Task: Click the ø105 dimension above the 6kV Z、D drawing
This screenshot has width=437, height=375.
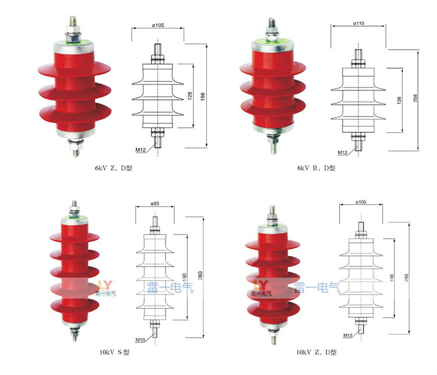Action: point(158,26)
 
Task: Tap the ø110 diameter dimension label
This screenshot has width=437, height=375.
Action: point(359,23)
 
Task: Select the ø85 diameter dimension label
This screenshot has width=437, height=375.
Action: point(155,204)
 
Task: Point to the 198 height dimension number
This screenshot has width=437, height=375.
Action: point(203,97)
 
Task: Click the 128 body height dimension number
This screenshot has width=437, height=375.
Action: point(190,96)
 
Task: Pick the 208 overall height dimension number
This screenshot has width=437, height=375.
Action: point(415,98)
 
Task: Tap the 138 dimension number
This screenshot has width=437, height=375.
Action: point(399,100)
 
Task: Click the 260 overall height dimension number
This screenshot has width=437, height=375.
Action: point(200,275)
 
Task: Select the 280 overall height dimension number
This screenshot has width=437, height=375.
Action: point(406,278)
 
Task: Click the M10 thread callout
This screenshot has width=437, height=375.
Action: point(140,340)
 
